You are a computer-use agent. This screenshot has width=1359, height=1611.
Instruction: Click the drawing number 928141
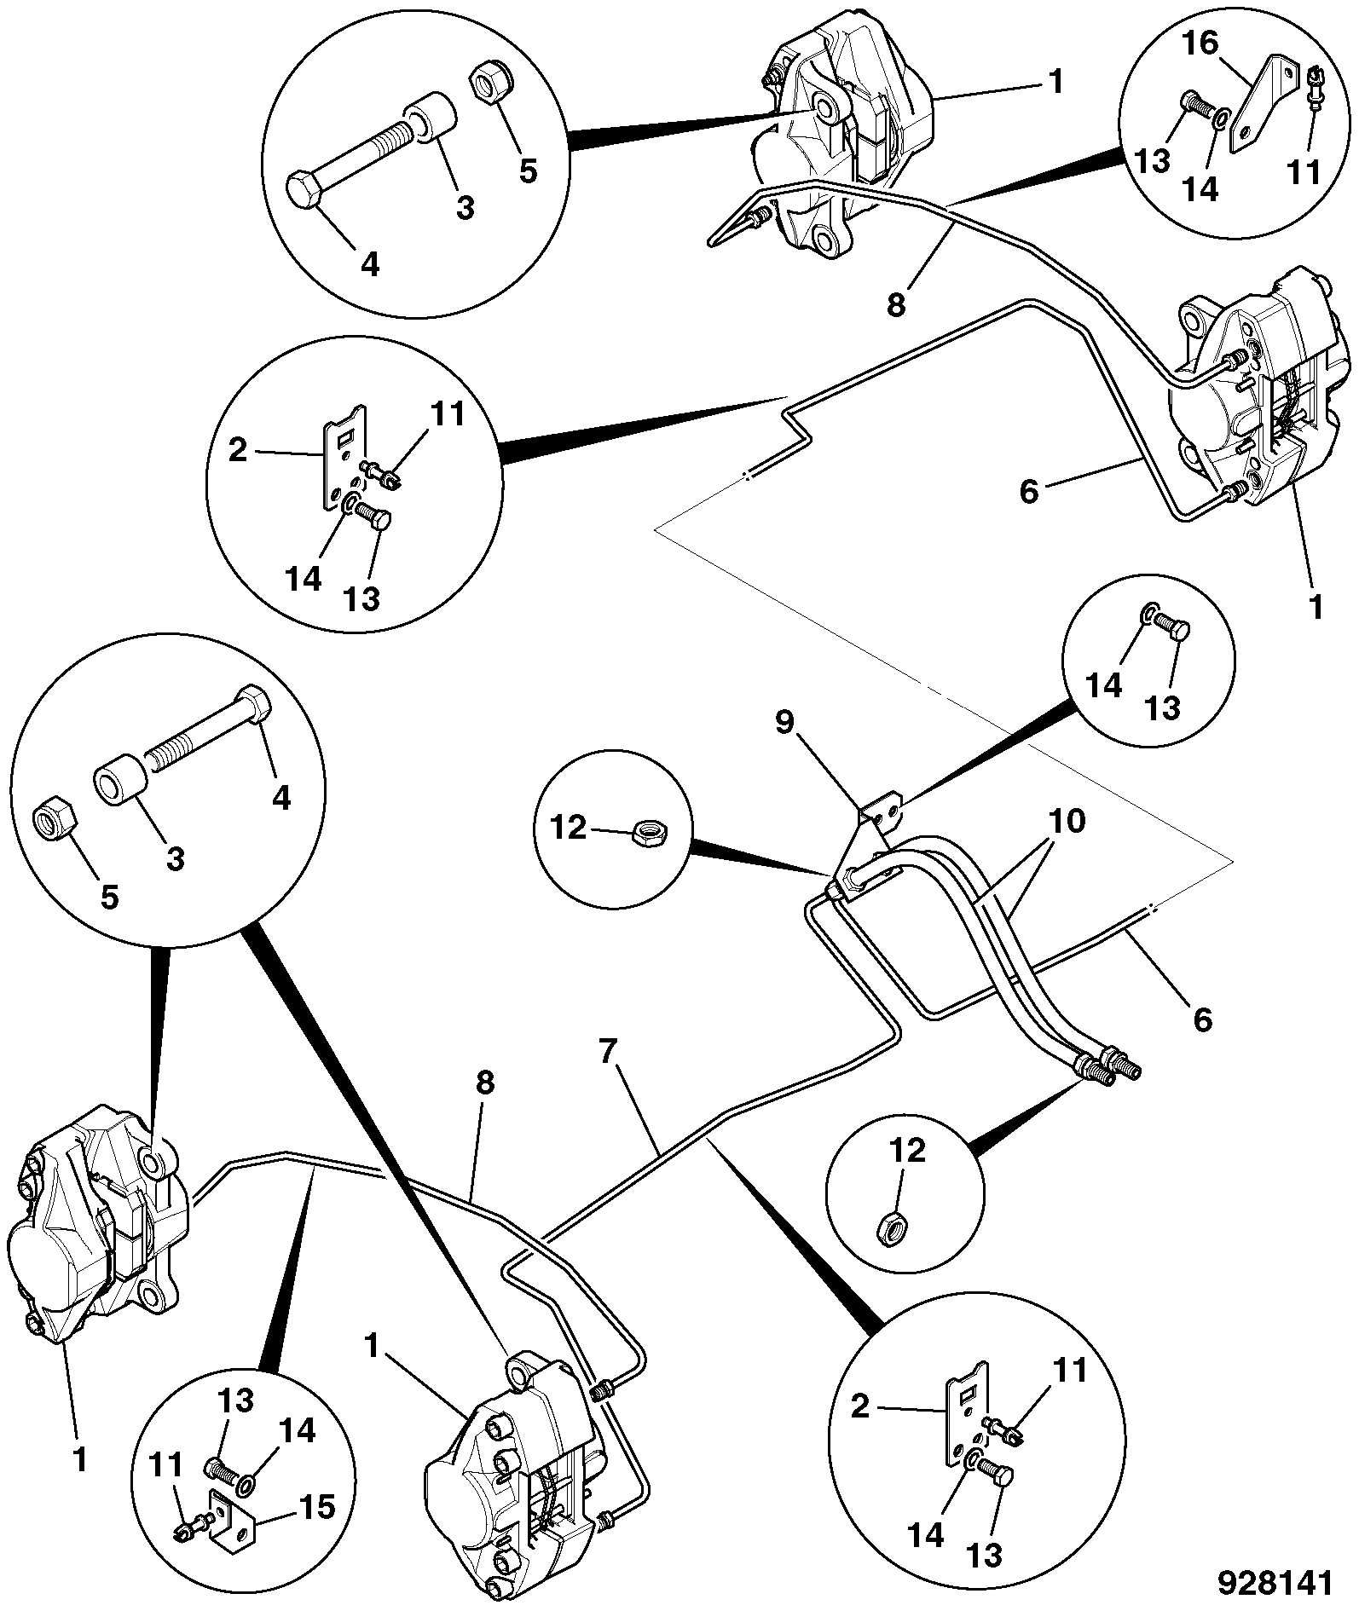pyautogui.click(x=1274, y=1583)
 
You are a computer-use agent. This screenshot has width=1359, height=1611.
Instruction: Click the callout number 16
pyautogui.click(x=1200, y=43)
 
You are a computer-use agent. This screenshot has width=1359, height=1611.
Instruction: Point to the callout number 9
pyautogui.click(x=784, y=723)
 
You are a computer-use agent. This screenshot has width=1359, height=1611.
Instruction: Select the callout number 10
pyautogui.click(x=1065, y=822)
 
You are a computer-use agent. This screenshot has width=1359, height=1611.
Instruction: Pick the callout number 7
pyautogui.click(x=607, y=1052)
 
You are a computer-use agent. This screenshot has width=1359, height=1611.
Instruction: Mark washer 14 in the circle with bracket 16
pyautogui.click(x=1219, y=117)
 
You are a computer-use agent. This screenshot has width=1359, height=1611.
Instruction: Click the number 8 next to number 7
pyautogui.click(x=485, y=1083)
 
